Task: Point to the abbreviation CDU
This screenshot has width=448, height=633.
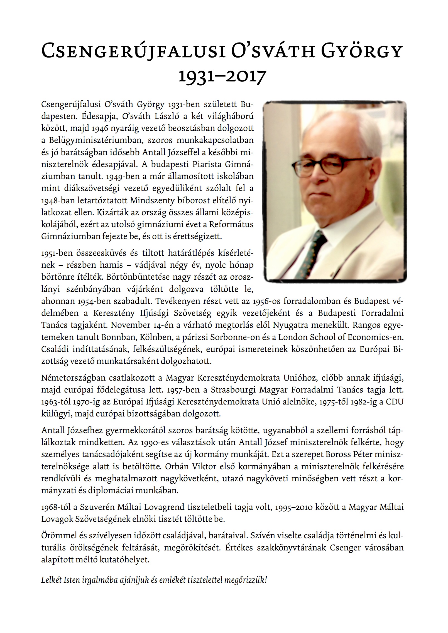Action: click(395, 402)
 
